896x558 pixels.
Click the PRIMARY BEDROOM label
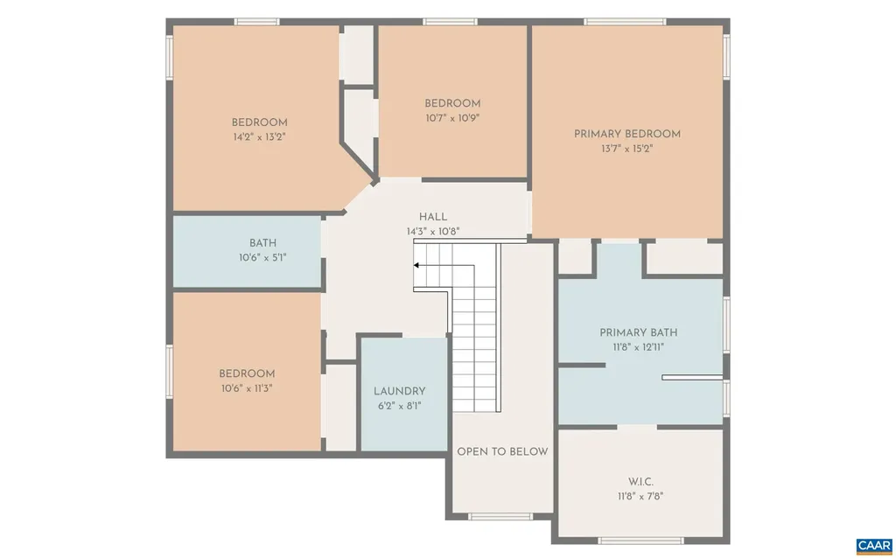coord(626,134)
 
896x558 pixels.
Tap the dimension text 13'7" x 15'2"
coord(626,149)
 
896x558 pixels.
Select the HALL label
coord(432,217)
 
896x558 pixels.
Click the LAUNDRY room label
coord(399,391)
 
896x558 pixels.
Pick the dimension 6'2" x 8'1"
coord(399,406)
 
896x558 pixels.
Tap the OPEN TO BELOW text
coord(502,451)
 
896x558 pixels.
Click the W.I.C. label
coord(641,482)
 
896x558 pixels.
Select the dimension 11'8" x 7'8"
coord(641,497)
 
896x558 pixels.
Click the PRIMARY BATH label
coord(638,332)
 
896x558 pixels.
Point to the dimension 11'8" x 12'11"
coord(638,347)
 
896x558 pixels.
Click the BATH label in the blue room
coord(262,243)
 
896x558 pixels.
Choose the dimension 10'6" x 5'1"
coord(262,258)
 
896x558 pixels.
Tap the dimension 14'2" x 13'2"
coord(259,137)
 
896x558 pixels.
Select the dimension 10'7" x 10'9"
coord(452,117)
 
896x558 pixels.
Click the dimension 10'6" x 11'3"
coord(247,388)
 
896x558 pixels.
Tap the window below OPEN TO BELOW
coord(500,516)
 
